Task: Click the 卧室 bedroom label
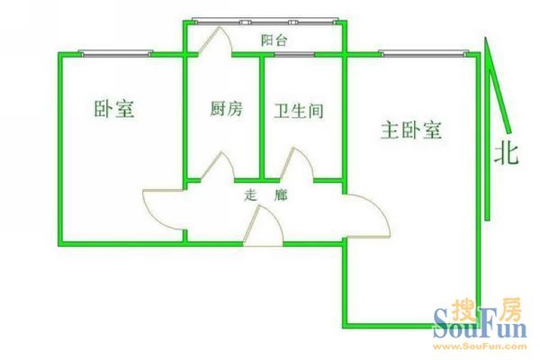tap(114, 109)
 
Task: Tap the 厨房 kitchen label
tap(226, 109)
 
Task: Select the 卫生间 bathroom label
tap(299, 111)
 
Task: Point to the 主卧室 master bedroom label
tap(411, 130)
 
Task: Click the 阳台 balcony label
tap(274, 40)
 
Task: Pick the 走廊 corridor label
tap(265, 195)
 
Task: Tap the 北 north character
tap(506, 154)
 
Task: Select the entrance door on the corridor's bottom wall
tap(263, 226)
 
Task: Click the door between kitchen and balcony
tap(214, 40)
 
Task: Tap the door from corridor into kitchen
tap(218, 166)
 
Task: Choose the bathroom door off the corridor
tap(297, 164)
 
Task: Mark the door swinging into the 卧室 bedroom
tap(165, 210)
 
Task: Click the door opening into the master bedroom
tap(367, 216)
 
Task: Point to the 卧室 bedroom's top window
tap(116, 53)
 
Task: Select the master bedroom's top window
tap(425, 53)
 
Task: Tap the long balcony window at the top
tap(265, 22)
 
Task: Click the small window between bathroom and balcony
tap(294, 54)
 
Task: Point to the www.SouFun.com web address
tap(480, 346)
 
